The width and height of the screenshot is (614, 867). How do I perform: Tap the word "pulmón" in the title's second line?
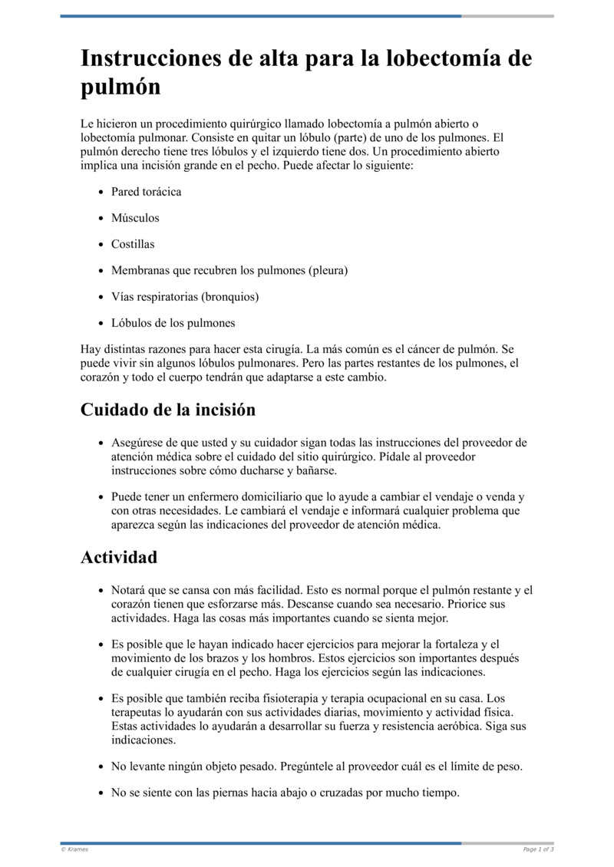coord(120,87)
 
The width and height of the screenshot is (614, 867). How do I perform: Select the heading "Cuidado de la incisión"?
coord(167,410)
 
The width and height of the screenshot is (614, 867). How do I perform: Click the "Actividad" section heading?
coord(119,557)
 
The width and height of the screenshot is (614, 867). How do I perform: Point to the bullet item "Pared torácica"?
coord(146,192)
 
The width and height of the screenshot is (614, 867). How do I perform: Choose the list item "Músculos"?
coord(135,218)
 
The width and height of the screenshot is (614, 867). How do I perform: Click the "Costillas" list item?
coord(133,244)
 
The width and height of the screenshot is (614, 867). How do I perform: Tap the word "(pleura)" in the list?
coord(328,270)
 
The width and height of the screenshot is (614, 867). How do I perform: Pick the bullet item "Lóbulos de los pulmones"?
coord(173,322)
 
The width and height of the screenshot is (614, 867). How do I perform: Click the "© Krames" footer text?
coord(74,849)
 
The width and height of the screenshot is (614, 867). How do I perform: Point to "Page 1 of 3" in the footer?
coord(538,849)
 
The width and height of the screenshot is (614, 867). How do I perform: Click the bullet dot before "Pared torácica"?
coord(101,193)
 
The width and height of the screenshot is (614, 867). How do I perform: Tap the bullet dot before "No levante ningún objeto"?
coord(101,767)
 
